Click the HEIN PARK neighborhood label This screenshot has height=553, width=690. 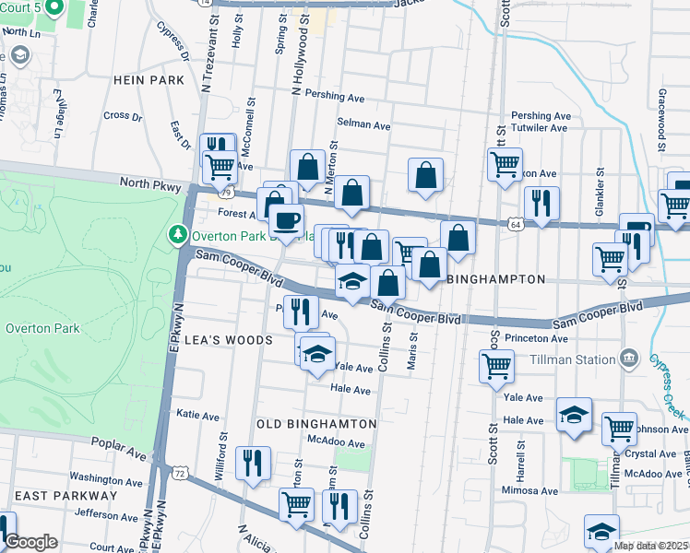149,80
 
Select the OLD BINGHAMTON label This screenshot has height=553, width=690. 316,423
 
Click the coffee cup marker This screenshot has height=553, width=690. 286,221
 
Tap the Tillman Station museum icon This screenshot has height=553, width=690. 629,358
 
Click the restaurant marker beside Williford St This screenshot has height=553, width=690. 253,465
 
